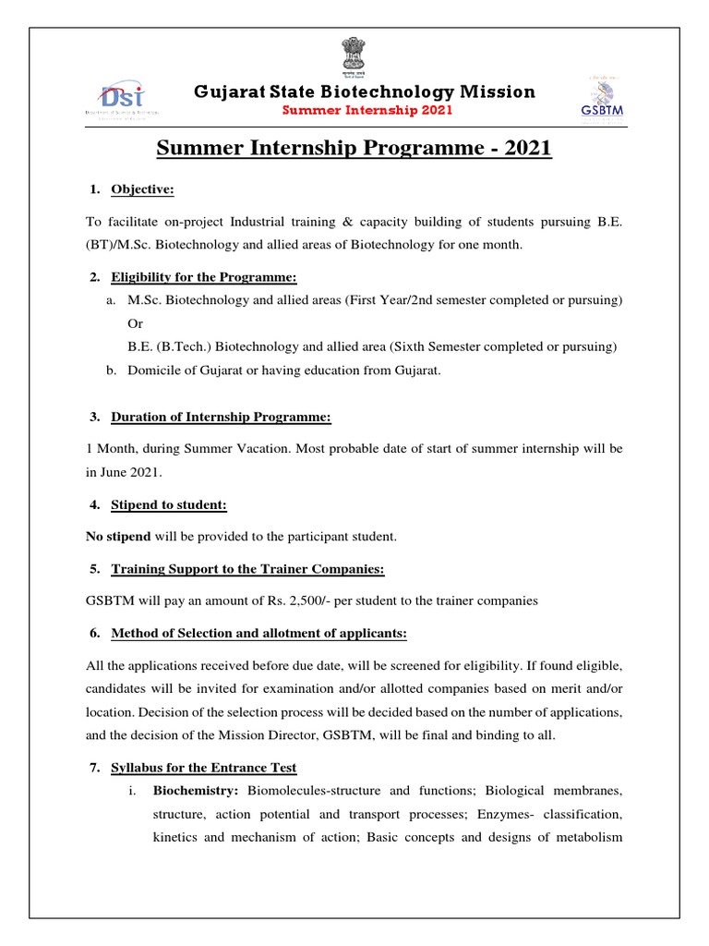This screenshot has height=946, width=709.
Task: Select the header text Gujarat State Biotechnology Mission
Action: (x=364, y=91)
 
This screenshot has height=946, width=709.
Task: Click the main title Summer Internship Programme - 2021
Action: (x=354, y=148)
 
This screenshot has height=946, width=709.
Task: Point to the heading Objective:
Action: (x=142, y=189)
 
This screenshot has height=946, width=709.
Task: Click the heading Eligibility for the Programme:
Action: (x=205, y=277)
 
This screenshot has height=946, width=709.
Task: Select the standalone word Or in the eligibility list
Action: (x=136, y=324)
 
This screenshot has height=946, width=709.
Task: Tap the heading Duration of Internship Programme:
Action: (x=221, y=417)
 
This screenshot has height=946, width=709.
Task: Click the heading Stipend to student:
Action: (x=169, y=504)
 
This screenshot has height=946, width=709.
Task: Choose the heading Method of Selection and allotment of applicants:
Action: (x=258, y=633)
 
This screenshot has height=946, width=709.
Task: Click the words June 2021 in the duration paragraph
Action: (x=130, y=472)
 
